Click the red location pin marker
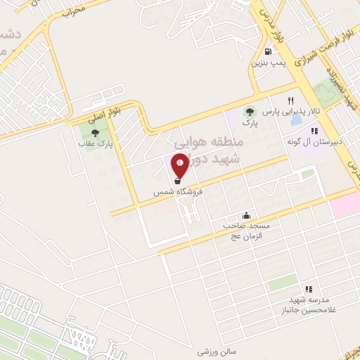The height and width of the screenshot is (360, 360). click(180, 165)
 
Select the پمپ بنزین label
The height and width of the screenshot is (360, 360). click(267, 63)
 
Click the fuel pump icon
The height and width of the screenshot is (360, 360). click(267, 51)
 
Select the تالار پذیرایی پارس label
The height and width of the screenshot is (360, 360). click(282, 112)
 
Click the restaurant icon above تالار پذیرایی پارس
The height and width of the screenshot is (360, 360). click(290, 101)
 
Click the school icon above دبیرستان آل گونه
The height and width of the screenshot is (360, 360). click(314, 130)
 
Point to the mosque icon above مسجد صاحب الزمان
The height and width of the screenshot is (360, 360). click(246, 216)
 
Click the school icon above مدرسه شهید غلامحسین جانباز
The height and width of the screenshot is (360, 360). click(308, 288)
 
